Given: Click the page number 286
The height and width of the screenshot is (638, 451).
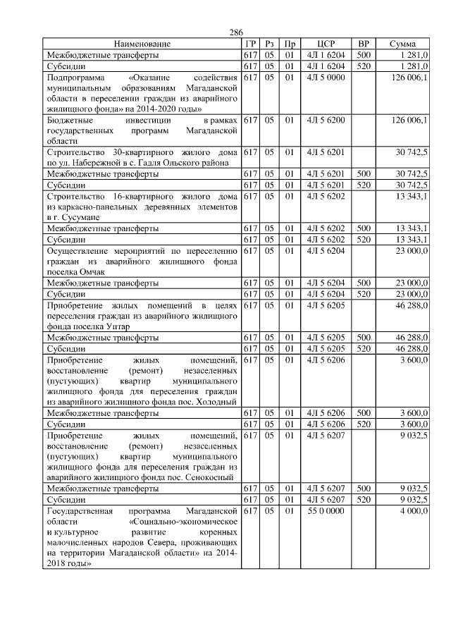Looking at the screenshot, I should coord(236,33).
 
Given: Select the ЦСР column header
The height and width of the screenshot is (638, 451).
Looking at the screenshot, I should coord(326,44).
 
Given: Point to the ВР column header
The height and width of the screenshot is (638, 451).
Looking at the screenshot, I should coord(364,44).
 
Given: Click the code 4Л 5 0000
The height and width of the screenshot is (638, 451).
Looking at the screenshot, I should coord(326,77).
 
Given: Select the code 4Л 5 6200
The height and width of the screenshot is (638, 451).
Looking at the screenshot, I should coord(326,121).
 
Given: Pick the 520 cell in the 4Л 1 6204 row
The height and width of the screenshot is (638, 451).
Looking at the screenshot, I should coord(364,66).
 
